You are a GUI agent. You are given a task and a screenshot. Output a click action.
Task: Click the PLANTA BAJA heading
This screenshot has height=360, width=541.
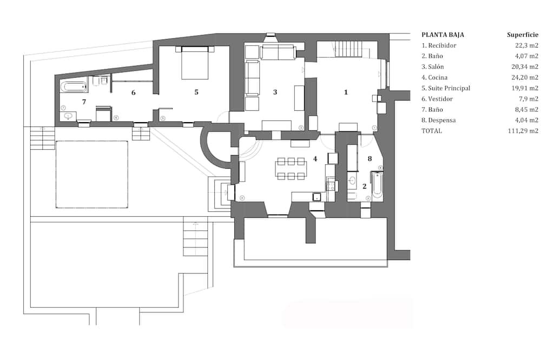(443, 35)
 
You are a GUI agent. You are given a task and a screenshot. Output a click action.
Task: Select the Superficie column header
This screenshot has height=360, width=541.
(523, 35)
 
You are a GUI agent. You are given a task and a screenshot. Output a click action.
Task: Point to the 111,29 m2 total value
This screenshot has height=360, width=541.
(523, 131)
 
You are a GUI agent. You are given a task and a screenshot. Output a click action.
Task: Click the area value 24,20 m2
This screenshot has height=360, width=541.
(525, 78)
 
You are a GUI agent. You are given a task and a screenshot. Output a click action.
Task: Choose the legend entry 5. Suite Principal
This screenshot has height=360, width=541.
(446, 88)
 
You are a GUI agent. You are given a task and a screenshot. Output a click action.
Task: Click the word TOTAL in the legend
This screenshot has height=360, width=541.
(431, 131)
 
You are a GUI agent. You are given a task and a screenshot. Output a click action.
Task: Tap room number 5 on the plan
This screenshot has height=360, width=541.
(196, 92)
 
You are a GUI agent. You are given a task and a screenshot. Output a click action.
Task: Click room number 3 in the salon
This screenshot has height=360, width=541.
(275, 92)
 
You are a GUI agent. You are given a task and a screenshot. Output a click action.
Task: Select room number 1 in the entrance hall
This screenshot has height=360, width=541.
(346, 92)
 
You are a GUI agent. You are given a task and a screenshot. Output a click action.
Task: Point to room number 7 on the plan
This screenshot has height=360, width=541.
(84, 102)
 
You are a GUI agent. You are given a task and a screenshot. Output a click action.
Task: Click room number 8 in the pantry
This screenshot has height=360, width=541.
(370, 158)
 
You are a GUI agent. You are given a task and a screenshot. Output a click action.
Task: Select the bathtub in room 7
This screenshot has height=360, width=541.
(74, 86)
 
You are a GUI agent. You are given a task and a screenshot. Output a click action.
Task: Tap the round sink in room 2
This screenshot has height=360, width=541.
(353, 181)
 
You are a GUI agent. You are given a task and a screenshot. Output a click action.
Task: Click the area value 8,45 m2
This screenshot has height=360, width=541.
(526, 110)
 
